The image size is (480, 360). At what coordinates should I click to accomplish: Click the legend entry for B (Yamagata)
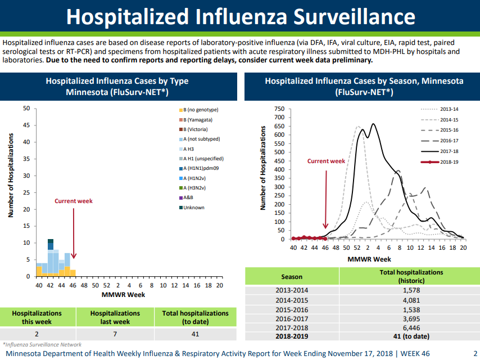[x=196, y=120]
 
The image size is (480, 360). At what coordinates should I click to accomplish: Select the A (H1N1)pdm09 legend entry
[x=199, y=168]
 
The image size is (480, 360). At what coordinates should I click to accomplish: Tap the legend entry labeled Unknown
[x=192, y=208]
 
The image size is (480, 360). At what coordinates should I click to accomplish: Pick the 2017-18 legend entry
[x=440, y=151]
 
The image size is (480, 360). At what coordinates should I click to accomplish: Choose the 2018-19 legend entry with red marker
[x=440, y=162]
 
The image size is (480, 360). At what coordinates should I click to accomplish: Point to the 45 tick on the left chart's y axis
[x=26, y=125]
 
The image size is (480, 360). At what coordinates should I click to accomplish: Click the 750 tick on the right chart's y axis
[x=279, y=109]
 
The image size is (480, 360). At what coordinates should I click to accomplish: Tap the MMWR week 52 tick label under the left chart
[x=107, y=285]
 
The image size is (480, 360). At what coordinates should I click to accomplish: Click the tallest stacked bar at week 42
[x=51, y=256]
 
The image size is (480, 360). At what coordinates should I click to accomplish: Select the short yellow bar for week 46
[x=73, y=273]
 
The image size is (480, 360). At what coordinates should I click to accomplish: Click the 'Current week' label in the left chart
[x=74, y=201]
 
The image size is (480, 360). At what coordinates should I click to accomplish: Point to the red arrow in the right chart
[x=326, y=200]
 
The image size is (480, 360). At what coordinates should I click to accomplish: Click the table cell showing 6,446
[x=411, y=328]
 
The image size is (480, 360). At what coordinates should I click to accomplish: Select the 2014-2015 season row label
[x=292, y=300]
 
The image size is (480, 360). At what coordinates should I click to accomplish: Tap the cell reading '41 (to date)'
[x=411, y=336]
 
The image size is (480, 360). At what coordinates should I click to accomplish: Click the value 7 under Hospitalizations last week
[x=115, y=334]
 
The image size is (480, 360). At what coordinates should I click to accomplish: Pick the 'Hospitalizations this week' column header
[x=37, y=317]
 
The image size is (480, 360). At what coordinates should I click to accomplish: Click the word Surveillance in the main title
[x=354, y=16]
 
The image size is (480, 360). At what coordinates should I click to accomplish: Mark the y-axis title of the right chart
[x=262, y=168]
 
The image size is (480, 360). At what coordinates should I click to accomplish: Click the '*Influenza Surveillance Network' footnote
[x=42, y=345]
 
